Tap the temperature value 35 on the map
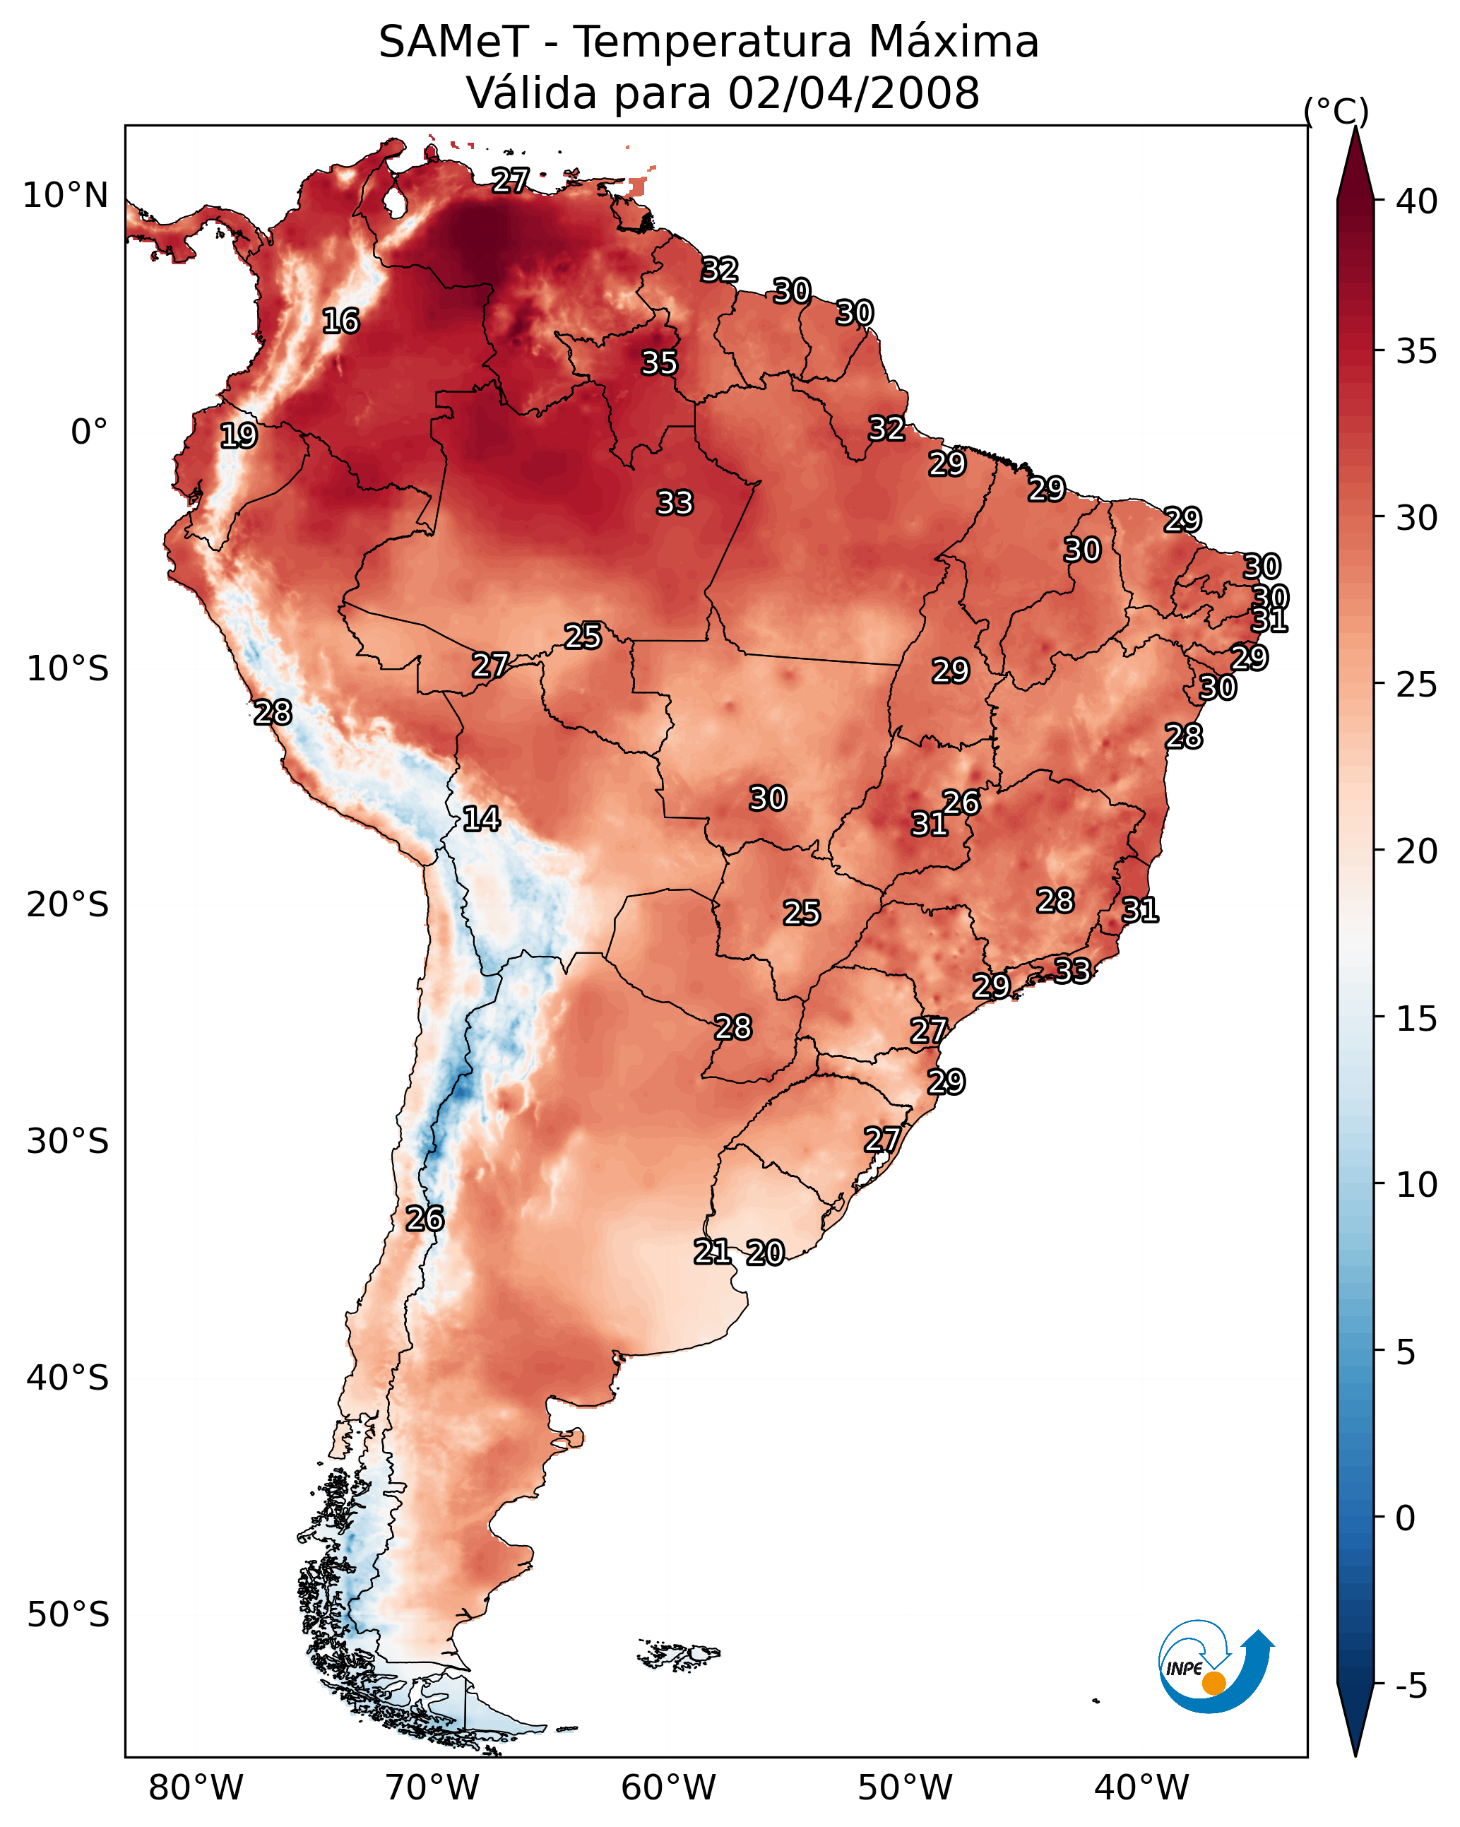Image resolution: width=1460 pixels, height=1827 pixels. click(x=659, y=362)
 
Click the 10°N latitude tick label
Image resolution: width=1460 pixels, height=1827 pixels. click(x=65, y=196)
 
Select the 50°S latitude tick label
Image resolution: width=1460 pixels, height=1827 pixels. click(x=68, y=1615)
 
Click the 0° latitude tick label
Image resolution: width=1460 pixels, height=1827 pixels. click(x=90, y=432)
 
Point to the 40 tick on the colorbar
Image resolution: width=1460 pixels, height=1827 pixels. click(x=1417, y=201)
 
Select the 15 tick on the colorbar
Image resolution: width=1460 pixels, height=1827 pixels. click(x=1417, y=1019)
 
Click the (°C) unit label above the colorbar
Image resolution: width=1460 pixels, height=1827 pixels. click(x=1336, y=111)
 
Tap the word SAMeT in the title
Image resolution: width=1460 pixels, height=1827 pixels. click(x=453, y=42)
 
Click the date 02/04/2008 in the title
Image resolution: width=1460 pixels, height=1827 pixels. click(x=854, y=93)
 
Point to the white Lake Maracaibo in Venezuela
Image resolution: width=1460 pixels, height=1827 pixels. click(x=394, y=201)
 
